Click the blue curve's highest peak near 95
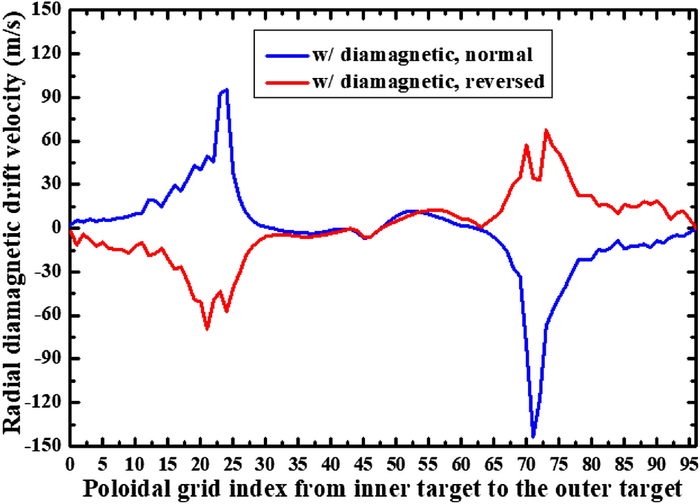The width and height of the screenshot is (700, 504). (226, 90)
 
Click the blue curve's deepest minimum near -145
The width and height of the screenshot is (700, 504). (533, 436)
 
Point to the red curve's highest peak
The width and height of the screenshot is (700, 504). (546, 131)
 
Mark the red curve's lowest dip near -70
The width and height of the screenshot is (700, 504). (207, 328)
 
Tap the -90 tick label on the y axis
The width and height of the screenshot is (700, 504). (45, 359)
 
